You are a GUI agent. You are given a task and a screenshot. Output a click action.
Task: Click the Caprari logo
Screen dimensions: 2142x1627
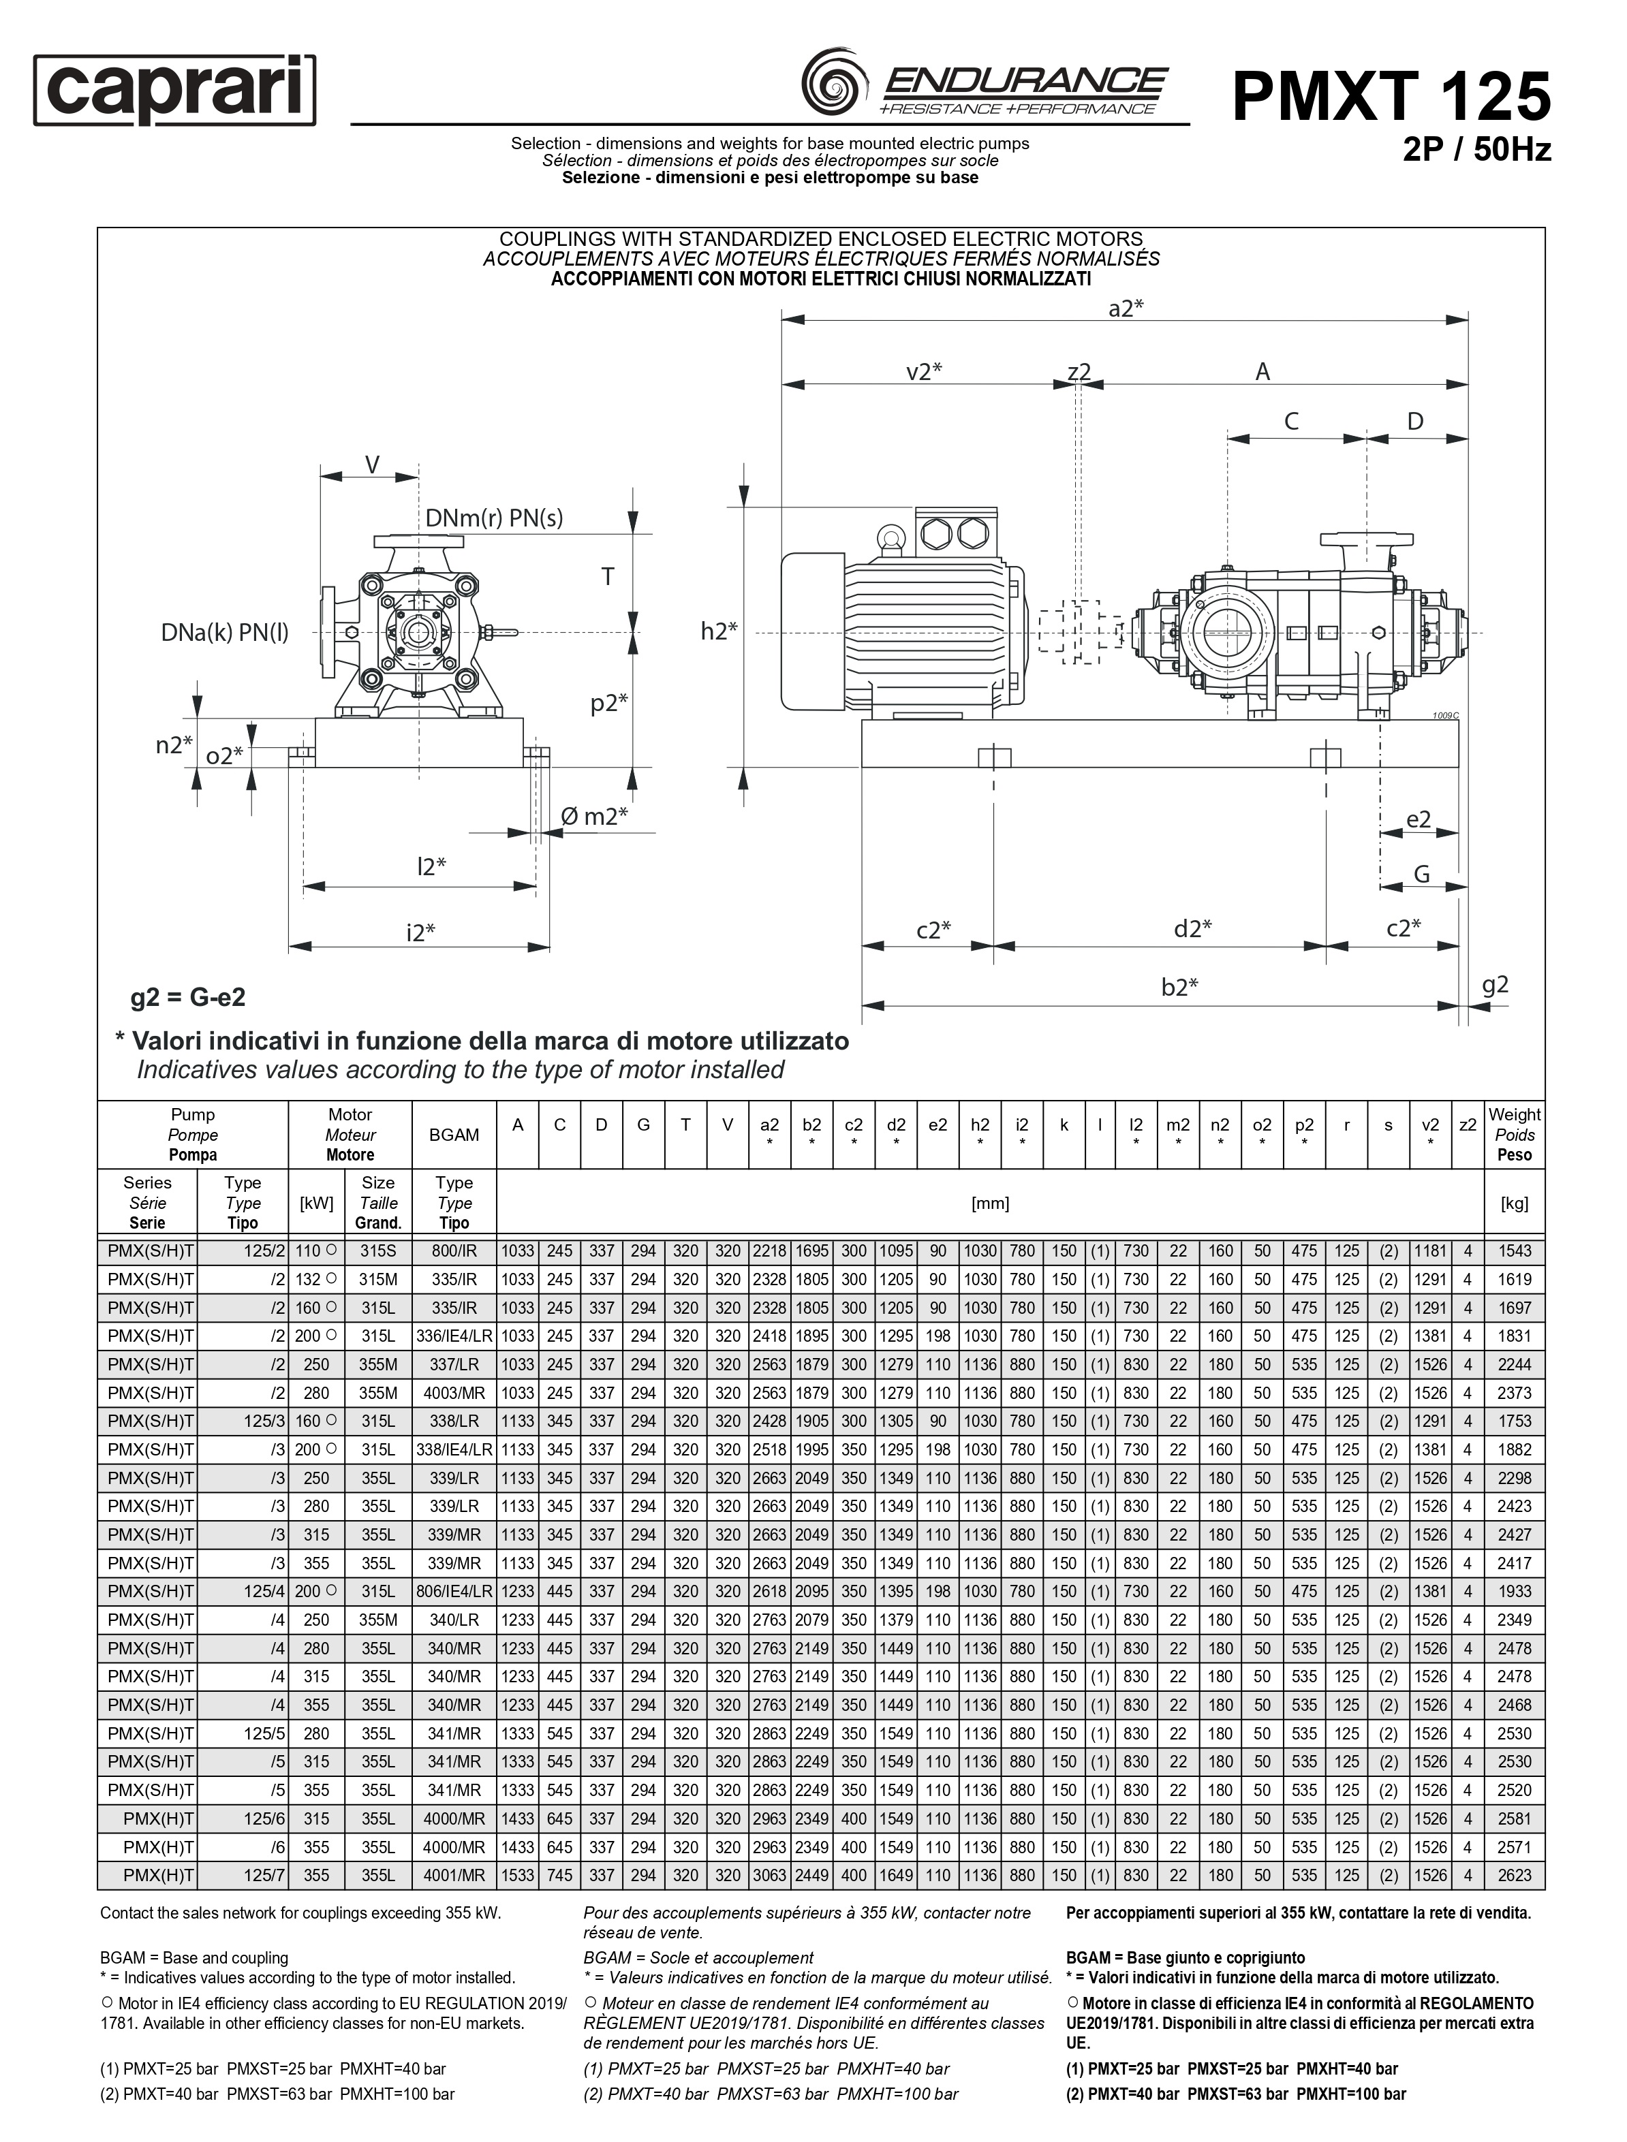coord(175,91)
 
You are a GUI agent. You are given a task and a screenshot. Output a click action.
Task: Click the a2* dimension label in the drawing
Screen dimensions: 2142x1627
coord(1126,308)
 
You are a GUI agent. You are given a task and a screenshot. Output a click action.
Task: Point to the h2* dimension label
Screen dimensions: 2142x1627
coord(719,631)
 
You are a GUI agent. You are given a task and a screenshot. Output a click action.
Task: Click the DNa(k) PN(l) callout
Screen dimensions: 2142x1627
coord(225,633)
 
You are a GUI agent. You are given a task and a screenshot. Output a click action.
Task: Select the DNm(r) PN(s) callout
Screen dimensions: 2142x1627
coord(494,518)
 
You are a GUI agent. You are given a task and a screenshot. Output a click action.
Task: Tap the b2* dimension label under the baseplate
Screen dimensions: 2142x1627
coord(1179,987)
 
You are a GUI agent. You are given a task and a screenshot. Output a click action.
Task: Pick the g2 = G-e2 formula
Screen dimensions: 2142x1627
coord(188,997)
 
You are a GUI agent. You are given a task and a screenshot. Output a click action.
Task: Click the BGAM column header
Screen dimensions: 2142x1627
coord(454,1135)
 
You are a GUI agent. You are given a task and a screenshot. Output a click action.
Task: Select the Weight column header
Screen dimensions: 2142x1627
coord(1514,1134)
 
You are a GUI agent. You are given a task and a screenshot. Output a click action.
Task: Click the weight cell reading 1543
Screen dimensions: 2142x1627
coord(1515,1251)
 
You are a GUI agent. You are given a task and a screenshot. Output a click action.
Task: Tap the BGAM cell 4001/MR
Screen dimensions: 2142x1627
coord(454,1876)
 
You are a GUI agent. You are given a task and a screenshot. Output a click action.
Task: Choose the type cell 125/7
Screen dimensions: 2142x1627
coord(264,1876)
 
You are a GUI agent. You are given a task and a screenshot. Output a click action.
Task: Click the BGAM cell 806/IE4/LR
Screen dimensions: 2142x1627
coord(454,1591)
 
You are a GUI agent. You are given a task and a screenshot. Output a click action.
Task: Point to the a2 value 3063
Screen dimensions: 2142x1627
coord(769,1876)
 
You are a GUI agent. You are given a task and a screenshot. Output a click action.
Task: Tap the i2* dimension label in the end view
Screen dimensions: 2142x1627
coord(420,932)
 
